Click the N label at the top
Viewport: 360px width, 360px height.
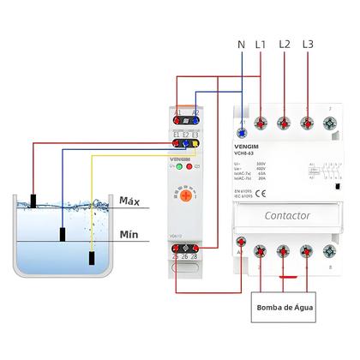[241, 43]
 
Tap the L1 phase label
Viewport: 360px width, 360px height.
[261, 43]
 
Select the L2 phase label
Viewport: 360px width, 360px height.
[285, 43]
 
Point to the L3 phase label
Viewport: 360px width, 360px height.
[309, 43]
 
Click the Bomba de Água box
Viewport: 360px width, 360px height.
[285, 307]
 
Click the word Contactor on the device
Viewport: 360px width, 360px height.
[287, 216]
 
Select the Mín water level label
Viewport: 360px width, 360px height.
[129, 234]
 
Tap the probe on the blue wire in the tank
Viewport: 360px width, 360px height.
[62, 234]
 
